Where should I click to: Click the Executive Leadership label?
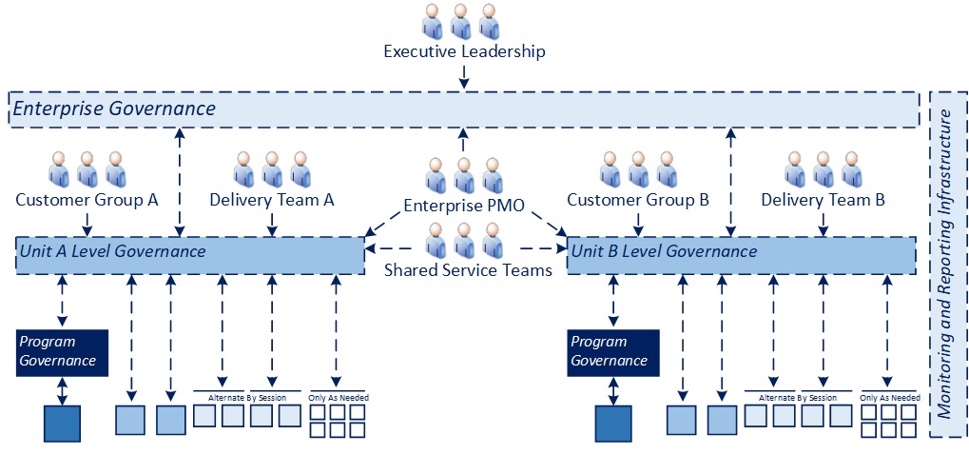click(x=464, y=51)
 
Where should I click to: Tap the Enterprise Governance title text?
click(x=114, y=109)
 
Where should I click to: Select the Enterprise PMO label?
click(x=464, y=206)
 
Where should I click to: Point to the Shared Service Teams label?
click(x=468, y=269)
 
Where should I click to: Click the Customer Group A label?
click(x=87, y=200)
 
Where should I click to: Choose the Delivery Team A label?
click(x=272, y=200)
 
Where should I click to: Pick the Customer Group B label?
click(x=638, y=200)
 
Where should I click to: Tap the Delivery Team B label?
click(x=824, y=200)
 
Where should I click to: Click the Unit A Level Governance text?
click(x=112, y=251)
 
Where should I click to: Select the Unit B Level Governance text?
click(x=663, y=251)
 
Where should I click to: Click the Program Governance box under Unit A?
click(x=62, y=351)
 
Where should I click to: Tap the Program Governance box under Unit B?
click(x=613, y=351)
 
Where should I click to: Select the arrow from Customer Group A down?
click(x=87, y=224)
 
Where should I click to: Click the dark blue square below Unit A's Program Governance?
click(x=63, y=424)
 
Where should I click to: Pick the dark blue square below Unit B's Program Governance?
click(x=613, y=424)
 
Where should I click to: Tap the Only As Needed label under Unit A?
click(x=339, y=397)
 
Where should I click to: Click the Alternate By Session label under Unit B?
click(x=799, y=397)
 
